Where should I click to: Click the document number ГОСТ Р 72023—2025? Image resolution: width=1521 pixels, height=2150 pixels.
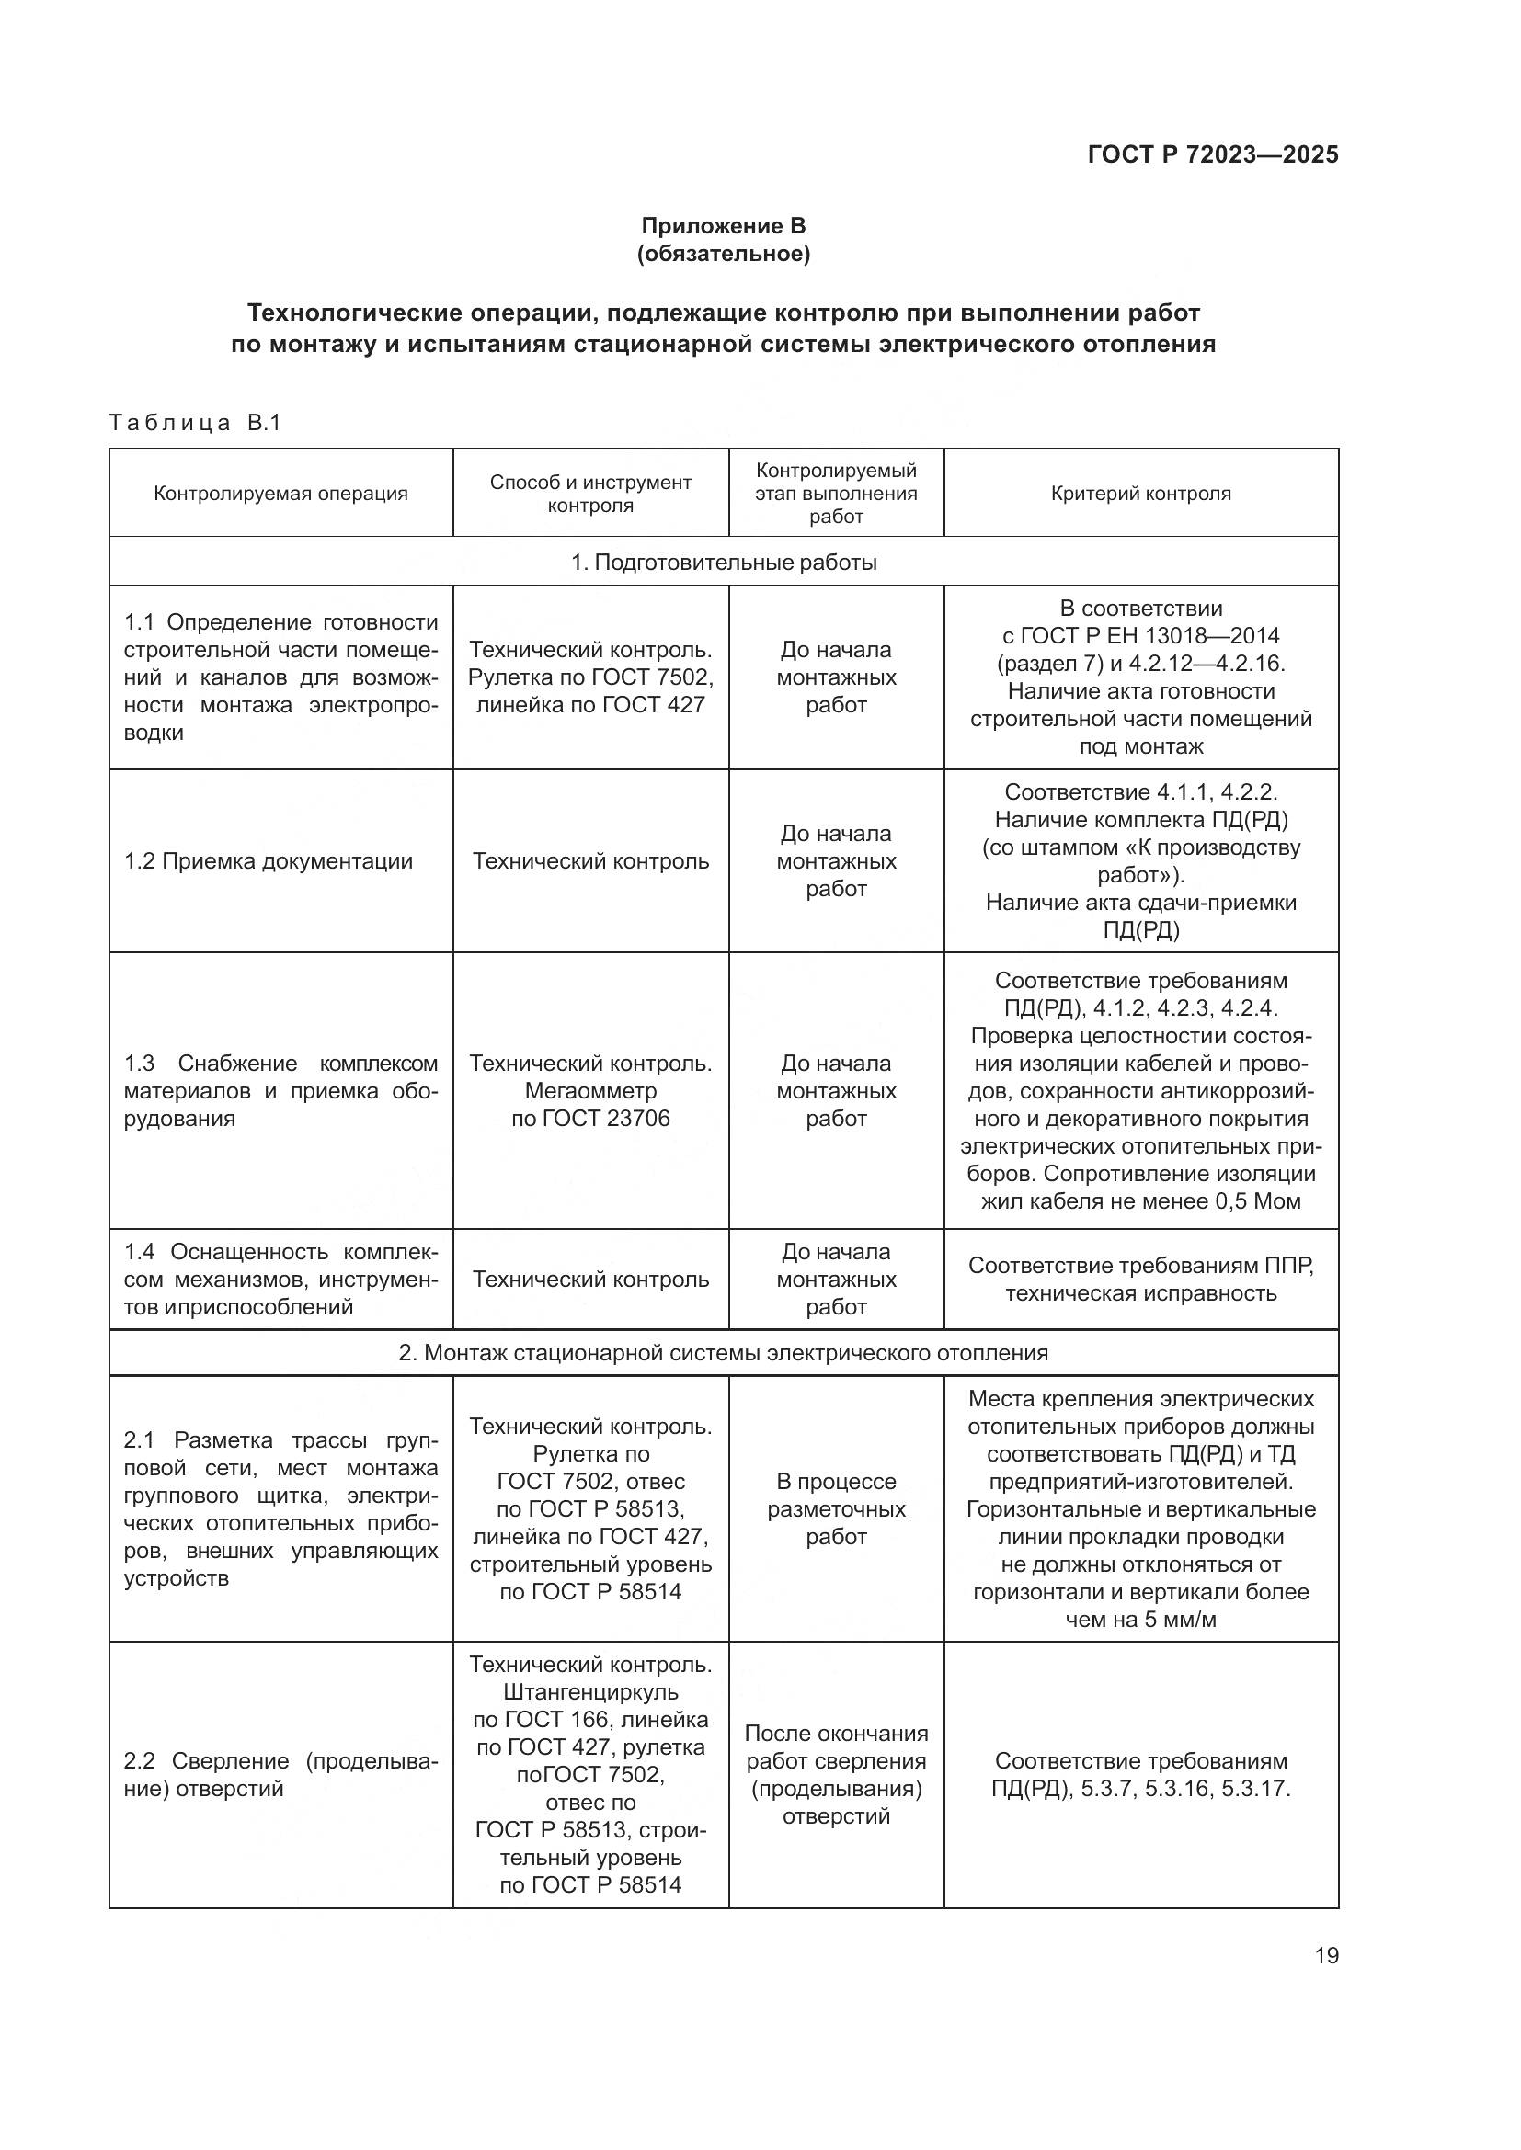tap(1213, 154)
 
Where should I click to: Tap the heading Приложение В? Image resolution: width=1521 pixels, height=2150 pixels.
tap(723, 226)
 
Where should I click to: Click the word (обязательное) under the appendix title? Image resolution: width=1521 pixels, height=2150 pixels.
tap(723, 254)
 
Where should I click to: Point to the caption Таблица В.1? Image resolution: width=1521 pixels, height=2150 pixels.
tap(195, 423)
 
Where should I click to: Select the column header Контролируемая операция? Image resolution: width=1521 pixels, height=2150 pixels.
tap(281, 494)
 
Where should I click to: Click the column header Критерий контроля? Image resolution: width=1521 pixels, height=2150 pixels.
tap(1139, 494)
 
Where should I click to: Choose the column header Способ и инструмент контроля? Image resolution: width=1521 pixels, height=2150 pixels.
tap(590, 494)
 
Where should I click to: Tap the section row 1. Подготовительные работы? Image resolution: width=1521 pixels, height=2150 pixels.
tap(723, 563)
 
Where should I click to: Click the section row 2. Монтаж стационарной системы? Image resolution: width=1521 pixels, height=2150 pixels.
tap(723, 1352)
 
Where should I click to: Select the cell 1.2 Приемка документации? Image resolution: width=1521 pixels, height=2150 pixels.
tap(269, 861)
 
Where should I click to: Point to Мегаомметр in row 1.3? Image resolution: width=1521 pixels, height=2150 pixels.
tap(590, 1091)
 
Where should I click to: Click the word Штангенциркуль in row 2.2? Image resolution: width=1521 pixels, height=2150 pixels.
tap(590, 1692)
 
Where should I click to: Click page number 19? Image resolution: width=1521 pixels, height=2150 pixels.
tap(1326, 1955)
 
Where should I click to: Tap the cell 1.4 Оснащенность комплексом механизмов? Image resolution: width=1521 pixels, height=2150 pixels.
tap(281, 1280)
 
